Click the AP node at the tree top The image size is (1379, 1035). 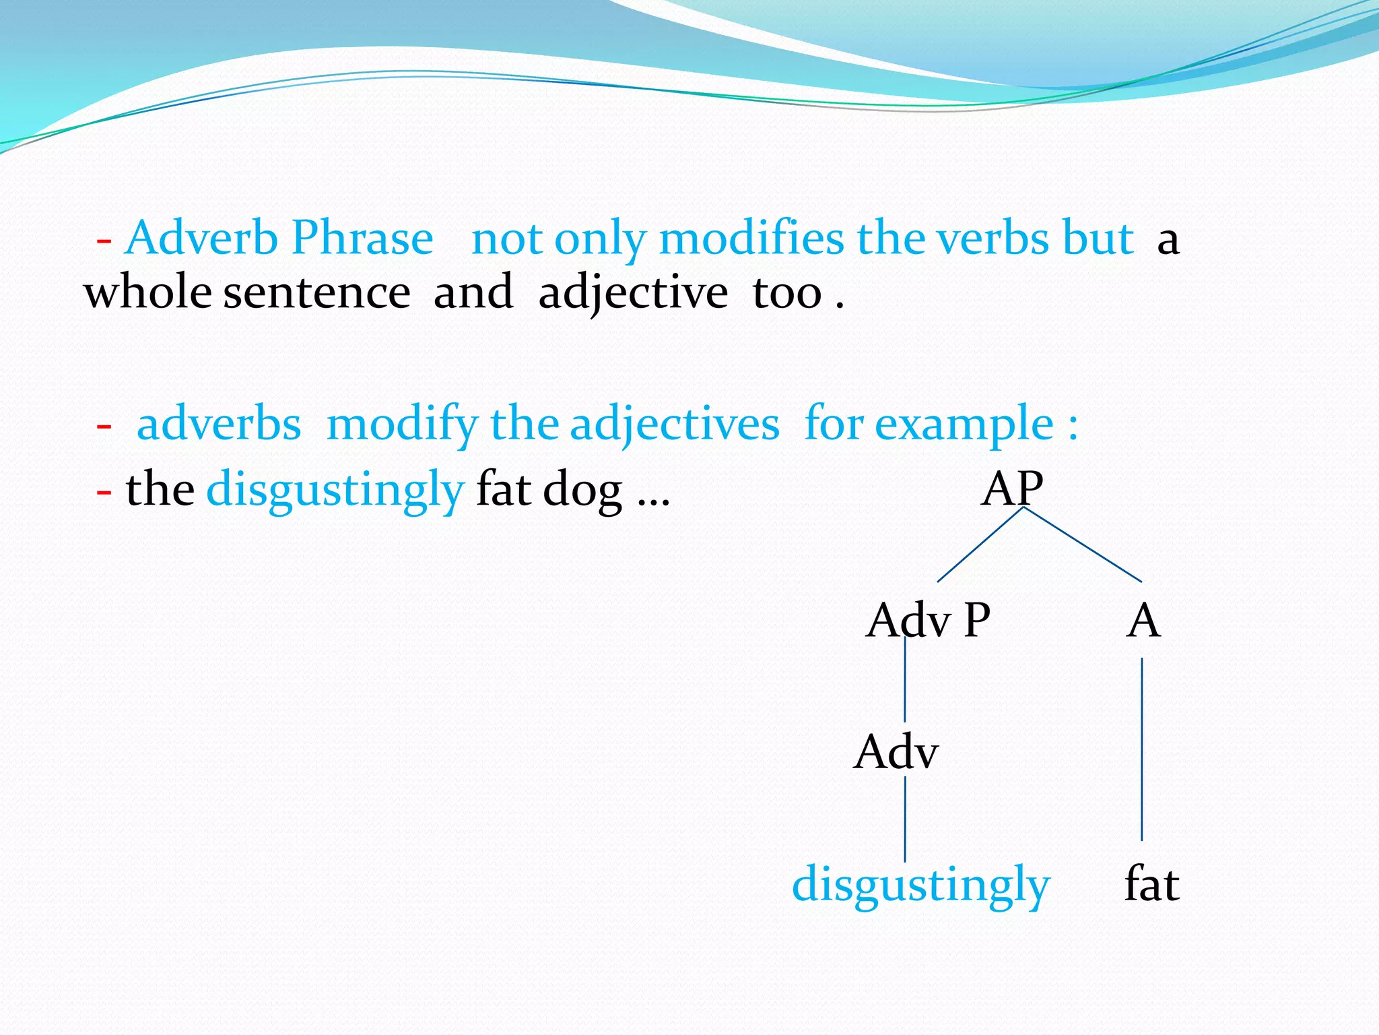click(x=1012, y=489)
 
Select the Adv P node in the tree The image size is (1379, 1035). click(x=928, y=621)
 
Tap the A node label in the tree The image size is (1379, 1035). click(x=1143, y=621)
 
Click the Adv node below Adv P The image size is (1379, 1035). click(x=896, y=752)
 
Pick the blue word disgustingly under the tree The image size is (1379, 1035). click(x=920, y=885)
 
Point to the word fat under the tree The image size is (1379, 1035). click(x=1151, y=885)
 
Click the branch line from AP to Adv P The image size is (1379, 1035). click(x=980, y=544)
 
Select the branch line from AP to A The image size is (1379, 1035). click(x=1083, y=544)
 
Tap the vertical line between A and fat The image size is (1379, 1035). click(x=1142, y=748)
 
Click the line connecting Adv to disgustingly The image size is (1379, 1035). click(x=905, y=819)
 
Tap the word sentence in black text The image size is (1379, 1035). click(x=316, y=293)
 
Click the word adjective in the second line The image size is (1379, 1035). click(x=633, y=293)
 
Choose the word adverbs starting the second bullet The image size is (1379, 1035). click(x=219, y=424)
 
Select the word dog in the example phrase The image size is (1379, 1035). click(x=582, y=490)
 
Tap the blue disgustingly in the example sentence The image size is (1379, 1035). click(x=335, y=490)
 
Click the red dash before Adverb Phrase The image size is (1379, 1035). click(x=104, y=241)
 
